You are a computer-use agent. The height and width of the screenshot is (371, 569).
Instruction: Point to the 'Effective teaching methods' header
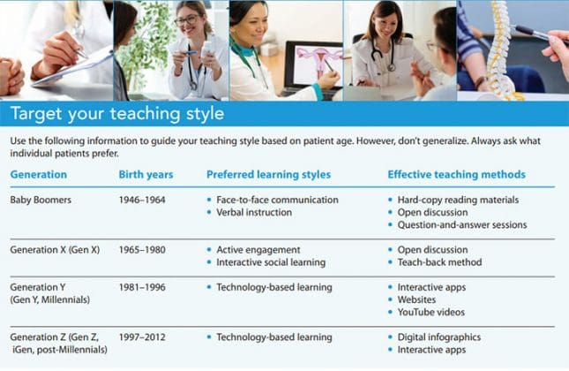point(456,174)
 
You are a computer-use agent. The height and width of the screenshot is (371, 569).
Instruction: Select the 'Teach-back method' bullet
point(438,262)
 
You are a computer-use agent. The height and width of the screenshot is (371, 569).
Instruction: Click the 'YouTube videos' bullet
point(430,312)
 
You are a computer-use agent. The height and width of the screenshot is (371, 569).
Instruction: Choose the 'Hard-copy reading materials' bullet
point(457,200)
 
